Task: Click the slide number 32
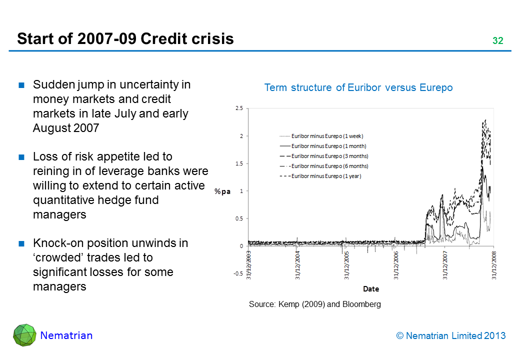click(497, 41)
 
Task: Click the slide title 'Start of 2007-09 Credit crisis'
click(125, 39)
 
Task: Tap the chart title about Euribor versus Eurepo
click(358, 88)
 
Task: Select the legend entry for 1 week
click(327, 136)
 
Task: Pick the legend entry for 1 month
click(328, 146)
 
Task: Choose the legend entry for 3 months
click(329, 156)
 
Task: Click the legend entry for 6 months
click(329, 166)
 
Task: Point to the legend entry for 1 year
click(326, 176)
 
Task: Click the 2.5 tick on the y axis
click(238, 108)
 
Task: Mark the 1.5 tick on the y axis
click(238, 163)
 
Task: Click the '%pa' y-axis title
click(222, 191)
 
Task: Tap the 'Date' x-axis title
click(371, 289)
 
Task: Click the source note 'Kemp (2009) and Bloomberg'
click(315, 304)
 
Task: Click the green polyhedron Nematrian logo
click(24, 335)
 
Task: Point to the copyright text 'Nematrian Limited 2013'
click(450, 336)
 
